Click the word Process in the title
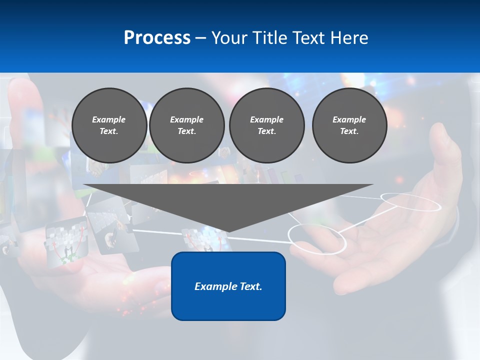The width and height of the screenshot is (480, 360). click(157, 38)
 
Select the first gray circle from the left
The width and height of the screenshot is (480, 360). click(109, 125)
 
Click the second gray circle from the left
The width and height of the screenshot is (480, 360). click(186, 125)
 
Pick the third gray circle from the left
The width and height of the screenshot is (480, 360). click(266, 125)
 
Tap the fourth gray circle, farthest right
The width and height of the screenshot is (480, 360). click(349, 125)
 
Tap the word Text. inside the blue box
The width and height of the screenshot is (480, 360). click(251, 286)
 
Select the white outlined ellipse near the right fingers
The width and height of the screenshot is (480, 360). click(411, 201)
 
